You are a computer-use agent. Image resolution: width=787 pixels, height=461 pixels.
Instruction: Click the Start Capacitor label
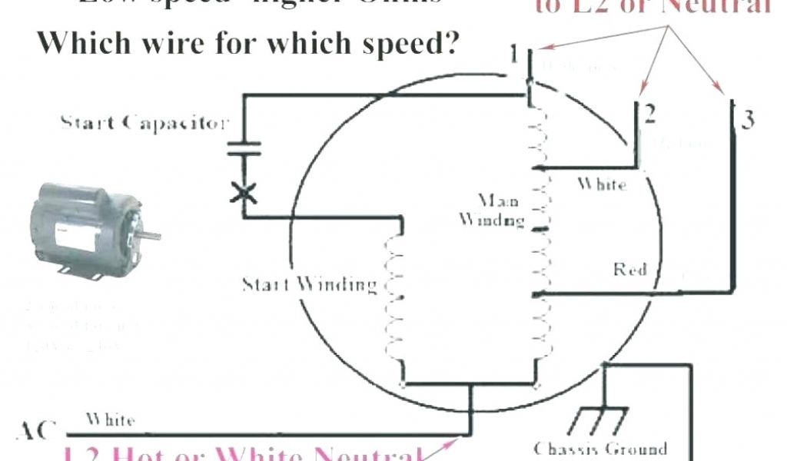(144, 123)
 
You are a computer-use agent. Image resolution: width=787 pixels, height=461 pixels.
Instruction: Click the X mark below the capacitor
(244, 192)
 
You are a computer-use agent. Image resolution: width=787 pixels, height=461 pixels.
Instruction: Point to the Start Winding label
(310, 285)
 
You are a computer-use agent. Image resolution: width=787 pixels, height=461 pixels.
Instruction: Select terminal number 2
(650, 114)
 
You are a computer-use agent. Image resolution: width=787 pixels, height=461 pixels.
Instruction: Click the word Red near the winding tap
(629, 270)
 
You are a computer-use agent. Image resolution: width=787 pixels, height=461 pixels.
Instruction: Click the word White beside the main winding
(602, 184)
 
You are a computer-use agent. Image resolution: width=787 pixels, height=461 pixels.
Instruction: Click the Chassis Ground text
(600, 449)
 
